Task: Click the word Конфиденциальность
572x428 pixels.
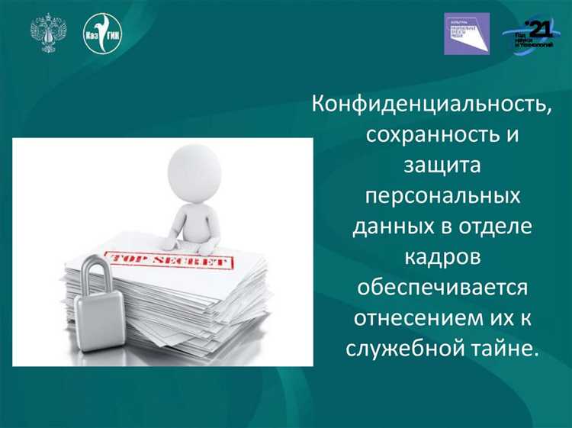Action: click(431, 105)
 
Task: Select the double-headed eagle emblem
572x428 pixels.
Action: click(48, 33)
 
